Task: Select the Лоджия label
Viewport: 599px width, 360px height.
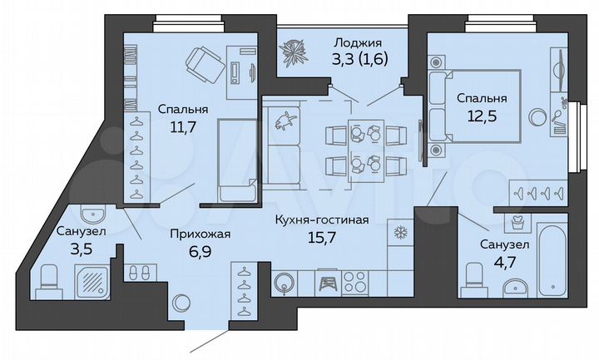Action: click(357, 42)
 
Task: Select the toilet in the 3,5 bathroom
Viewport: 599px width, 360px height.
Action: click(47, 278)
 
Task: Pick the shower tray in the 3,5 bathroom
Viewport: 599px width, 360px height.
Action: click(92, 279)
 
